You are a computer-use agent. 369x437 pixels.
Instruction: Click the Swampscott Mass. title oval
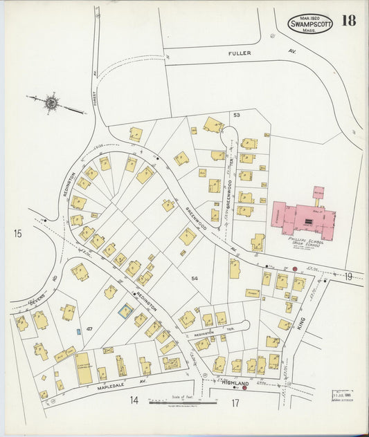[x=309, y=24]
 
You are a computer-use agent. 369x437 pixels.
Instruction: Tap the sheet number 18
[x=348, y=21]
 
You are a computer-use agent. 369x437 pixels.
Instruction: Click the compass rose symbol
[x=51, y=103]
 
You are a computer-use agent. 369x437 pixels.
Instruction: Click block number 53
[x=236, y=114]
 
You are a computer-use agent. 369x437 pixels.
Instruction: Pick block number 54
[x=195, y=278]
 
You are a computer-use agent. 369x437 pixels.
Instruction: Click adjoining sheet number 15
[x=17, y=234]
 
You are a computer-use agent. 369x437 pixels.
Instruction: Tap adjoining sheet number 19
[x=348, y=277]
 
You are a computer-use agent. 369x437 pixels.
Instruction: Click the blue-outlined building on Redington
[x=125, y=311]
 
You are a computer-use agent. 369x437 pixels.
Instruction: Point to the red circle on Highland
[x=244, y=388]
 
